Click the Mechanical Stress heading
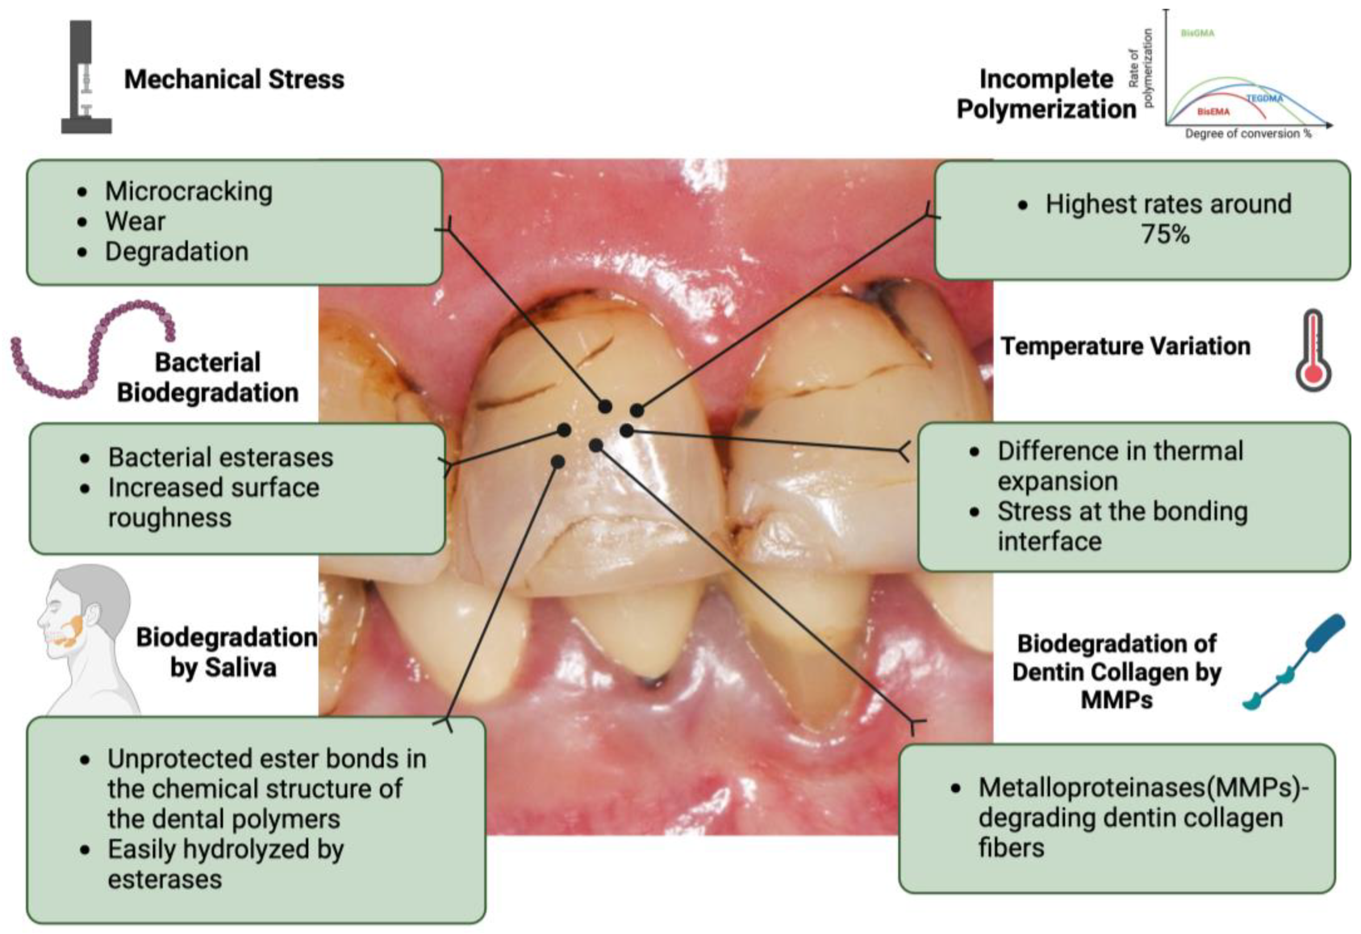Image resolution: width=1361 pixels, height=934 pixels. point(234,79)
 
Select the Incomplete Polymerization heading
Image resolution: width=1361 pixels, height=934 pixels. point(1046,94)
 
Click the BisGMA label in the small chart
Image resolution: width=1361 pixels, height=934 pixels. point(1197,33)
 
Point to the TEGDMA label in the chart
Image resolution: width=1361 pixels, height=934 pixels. point(1264,98)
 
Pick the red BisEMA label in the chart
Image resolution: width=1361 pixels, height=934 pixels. point(1213,111)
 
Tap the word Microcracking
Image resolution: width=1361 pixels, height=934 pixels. point(189,191)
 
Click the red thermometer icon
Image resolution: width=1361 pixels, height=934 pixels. point(1314,350)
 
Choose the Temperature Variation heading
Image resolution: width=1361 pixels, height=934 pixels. point(1125,346)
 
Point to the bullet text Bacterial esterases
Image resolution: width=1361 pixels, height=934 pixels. point(220,457)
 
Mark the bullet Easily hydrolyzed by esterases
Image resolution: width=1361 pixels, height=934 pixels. point(225,864)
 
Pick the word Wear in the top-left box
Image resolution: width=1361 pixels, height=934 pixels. point(135,222)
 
